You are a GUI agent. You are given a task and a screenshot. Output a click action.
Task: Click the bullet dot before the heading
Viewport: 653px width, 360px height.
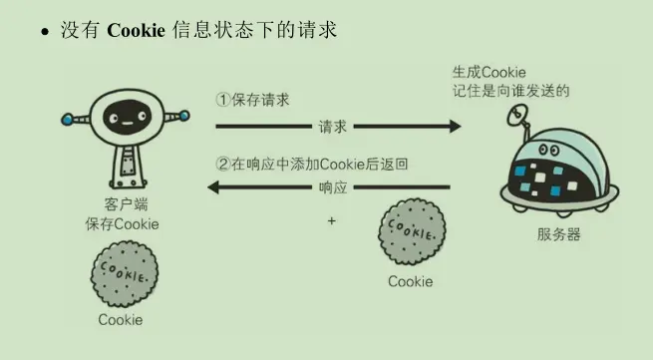coord(45,33)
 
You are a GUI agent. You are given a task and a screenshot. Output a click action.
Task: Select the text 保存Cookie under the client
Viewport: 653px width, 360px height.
coord(122,224)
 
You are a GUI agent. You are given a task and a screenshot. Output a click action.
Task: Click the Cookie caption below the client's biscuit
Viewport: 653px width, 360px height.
coord(121,320)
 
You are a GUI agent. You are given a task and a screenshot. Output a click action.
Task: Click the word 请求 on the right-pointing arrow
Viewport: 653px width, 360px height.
coord(333,127)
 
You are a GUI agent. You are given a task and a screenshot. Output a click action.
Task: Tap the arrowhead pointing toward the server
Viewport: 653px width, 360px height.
coord(454,127)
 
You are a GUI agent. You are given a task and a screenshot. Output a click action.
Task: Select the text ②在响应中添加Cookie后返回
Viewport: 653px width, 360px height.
coord(315,163)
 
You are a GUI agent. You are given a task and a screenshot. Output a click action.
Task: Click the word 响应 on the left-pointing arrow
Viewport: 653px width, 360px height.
coord(332,187)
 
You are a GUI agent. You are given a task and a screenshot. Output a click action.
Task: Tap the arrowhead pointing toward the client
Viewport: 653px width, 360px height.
coord(212,187)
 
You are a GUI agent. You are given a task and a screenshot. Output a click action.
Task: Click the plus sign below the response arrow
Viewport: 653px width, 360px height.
coord(331,220)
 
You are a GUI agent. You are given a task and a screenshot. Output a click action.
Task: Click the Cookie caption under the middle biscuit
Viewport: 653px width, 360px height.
coord(411,281)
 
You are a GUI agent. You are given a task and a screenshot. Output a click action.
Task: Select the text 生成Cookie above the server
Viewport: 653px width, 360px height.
coord(490,72)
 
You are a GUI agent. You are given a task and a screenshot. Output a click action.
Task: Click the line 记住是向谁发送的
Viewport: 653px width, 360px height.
coord(509,91)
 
